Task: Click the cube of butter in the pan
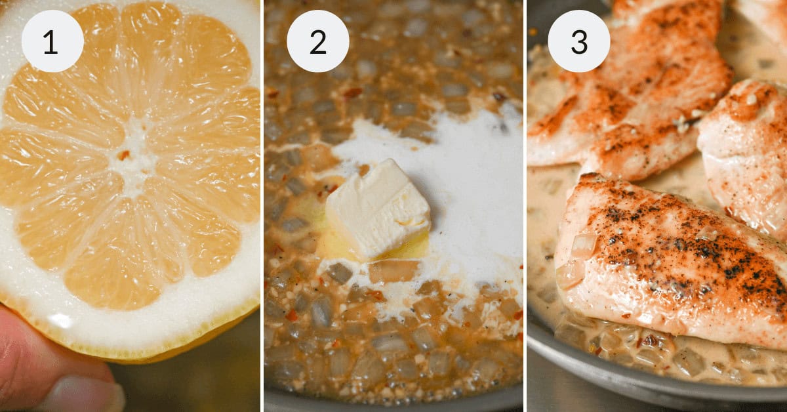[x=378, y=209]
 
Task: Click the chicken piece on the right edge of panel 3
[x=748, y=151]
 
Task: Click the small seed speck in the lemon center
[x=123, y=155]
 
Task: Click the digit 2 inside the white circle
[x=318, y=41]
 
